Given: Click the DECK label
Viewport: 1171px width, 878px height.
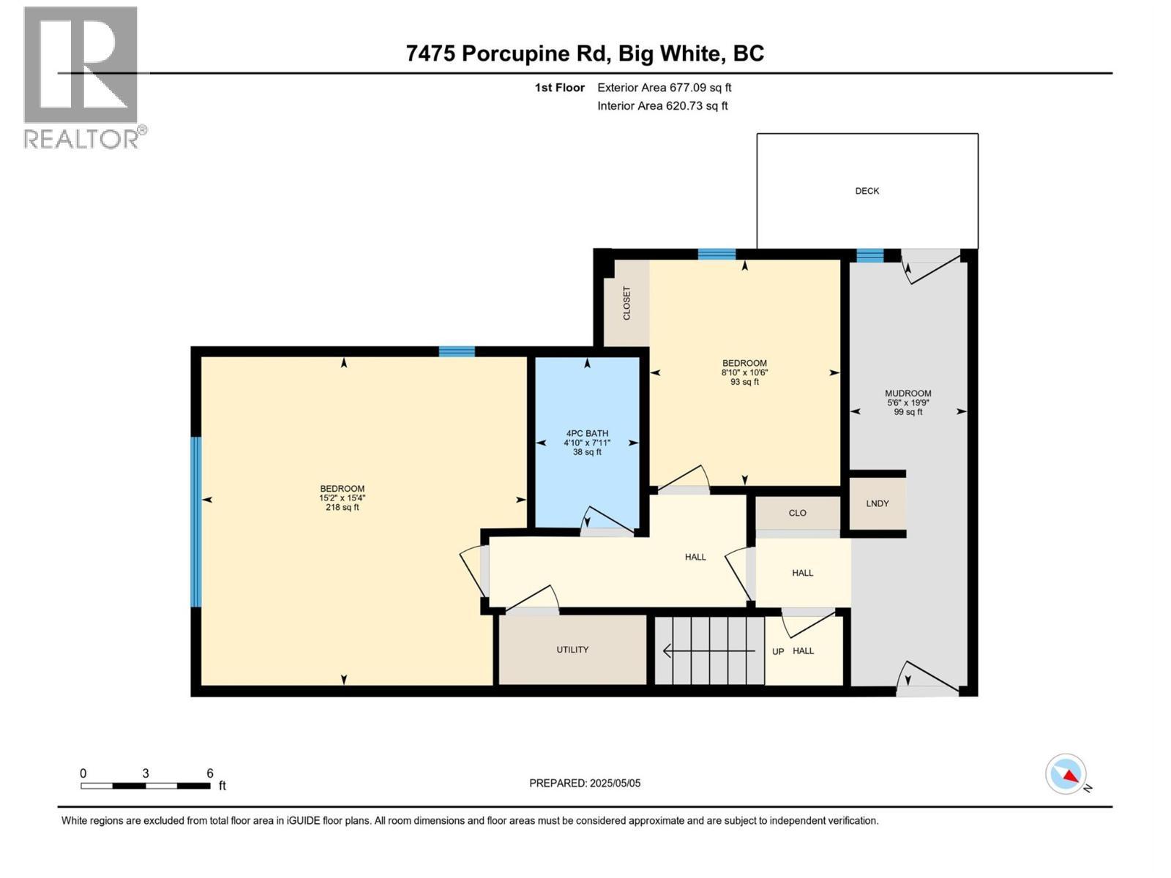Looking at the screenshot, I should tap(867, 191).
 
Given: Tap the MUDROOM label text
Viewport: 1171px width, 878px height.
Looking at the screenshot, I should tap(908, 393).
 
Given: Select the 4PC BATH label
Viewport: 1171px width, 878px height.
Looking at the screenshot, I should tap(587, 433).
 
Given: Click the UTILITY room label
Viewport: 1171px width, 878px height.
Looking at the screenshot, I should tap(572, 650).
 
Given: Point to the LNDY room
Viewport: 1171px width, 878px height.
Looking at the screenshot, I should tap(877, 503).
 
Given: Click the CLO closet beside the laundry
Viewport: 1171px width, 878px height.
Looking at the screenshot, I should tap(797, 513).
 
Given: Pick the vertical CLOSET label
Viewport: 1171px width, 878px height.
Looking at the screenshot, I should tap(626, 303).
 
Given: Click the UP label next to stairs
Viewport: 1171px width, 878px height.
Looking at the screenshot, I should tap(777, 651).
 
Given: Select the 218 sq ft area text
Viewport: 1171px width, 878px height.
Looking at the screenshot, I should tap(342, 507).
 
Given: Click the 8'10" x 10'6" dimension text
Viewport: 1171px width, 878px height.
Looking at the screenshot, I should tap(744, 372).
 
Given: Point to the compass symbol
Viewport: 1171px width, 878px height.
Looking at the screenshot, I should tap(1066, 774).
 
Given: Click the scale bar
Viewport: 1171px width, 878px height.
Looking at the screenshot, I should tap(146, 786).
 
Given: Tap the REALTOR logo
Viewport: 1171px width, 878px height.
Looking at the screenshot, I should tap(81, 77).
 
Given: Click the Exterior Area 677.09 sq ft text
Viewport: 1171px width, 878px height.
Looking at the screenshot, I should tap(664, 88).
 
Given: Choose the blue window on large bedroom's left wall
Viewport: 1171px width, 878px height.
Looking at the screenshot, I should tap(195, 522).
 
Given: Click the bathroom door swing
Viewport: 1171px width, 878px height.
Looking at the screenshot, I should tap(607, 521).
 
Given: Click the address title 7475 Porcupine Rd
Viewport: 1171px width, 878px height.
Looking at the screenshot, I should tap(585, 53).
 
